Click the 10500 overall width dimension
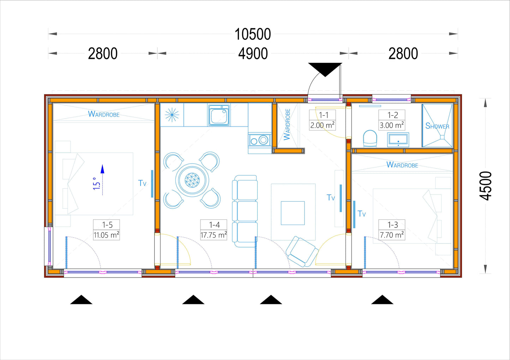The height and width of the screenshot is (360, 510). (253, 34)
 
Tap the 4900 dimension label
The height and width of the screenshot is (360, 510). (253, 54)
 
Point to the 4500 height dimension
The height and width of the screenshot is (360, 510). (486, 186)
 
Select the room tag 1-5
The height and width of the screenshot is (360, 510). (107, 225)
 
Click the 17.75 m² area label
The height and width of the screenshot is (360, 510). (214, 235)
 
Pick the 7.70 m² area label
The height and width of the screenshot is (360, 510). (392, 235)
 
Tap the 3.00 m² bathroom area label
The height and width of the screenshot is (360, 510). (392, 125)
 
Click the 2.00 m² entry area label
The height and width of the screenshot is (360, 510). (322, 125)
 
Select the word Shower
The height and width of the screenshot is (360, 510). (437, 126)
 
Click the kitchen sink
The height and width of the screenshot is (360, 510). (219, 115)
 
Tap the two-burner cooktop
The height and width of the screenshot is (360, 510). (260, 140)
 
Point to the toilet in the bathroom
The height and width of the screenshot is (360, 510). (370, 138)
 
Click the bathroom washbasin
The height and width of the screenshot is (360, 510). (398, 140)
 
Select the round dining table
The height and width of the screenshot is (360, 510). (192, 180)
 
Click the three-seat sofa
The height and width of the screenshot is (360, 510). (245, 211)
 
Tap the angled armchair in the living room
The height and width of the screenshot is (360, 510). (302, 252)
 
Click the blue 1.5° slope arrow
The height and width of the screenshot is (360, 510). (102, 180)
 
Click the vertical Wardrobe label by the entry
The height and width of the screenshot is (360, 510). (287, 124)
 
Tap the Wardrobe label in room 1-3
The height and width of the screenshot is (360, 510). (402, 165)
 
